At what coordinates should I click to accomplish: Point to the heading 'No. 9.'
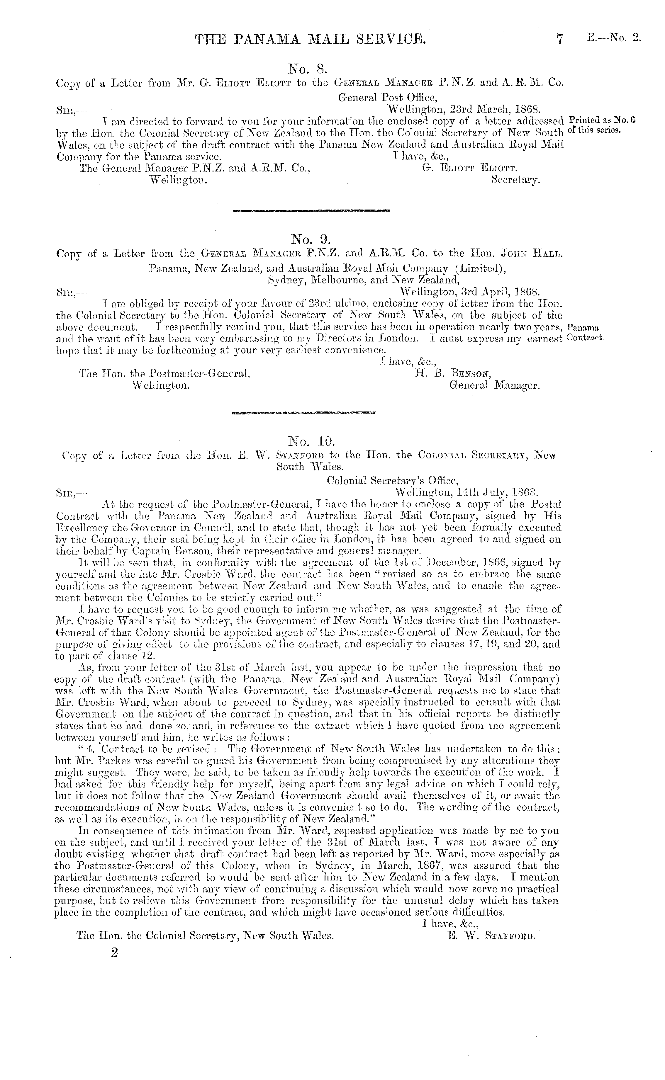pyautogui.click(x=311, y=239)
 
